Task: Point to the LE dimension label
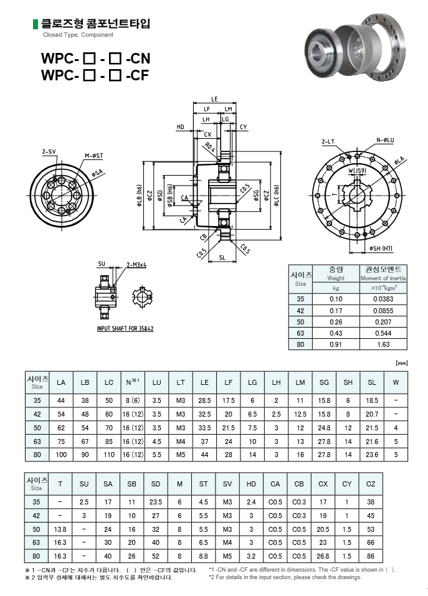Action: [214, 99]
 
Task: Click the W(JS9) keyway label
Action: [357, 169]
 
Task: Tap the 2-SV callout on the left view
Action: [49, 151]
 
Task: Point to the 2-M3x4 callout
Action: [136, 265]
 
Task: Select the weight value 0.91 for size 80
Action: [336, 344]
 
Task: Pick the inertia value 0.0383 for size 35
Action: [383, 299]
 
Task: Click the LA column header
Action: [61, 382]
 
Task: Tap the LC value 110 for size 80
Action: [109, 455]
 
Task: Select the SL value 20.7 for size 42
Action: [372, 414]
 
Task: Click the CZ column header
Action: [371, 484]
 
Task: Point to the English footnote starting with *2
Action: [285, 577]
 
